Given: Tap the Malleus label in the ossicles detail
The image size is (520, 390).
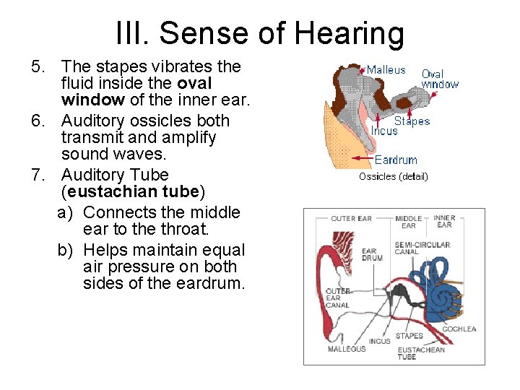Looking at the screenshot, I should coord(386,70).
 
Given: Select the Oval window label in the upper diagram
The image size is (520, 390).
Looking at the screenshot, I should coord(439,79).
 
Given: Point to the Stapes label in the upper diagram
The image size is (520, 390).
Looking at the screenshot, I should coord(412,121).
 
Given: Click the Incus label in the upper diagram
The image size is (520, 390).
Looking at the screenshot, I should coord(383,131).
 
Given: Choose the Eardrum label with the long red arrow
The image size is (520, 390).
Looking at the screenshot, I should coord(396,160).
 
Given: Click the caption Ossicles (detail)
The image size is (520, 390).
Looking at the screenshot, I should coord(393,176).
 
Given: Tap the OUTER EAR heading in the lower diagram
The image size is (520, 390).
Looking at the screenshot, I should coord(351,218).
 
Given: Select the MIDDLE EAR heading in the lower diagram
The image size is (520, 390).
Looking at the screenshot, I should coord(408,222).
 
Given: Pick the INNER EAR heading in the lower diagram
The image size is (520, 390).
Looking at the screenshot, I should coord(444,221).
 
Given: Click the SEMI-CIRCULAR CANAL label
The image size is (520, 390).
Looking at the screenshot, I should coord(422,248).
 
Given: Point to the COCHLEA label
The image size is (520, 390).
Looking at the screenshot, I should coord(459,329).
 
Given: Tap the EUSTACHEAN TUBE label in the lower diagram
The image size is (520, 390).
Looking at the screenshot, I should coord(421,353).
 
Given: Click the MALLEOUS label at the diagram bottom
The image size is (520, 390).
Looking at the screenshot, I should coord(346,349).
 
